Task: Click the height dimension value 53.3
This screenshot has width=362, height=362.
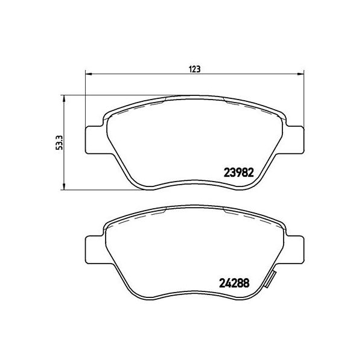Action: click(x=59, y=142)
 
